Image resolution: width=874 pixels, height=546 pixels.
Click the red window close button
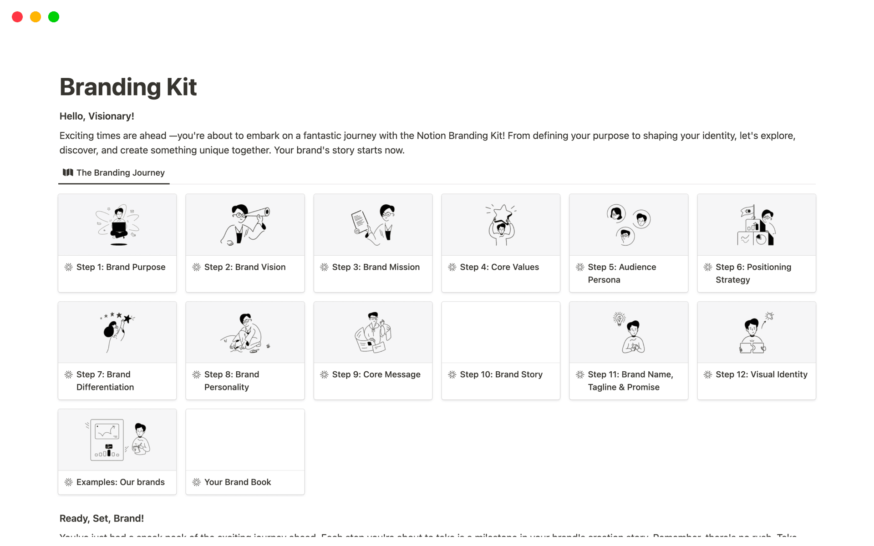(x=17, y=17)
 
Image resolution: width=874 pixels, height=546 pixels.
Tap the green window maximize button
(x=54, y=17)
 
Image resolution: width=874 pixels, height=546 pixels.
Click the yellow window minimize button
(x=36, y=17)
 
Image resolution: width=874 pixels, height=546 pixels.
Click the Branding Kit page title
(x=128, y=87)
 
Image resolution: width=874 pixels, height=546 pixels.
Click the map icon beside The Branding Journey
(x=68, y=172)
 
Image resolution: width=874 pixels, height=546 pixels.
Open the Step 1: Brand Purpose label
(x=121, y=267)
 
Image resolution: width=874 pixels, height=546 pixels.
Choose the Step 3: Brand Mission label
(x=376, y=267)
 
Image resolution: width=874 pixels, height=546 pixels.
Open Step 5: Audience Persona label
(x=622, y=273)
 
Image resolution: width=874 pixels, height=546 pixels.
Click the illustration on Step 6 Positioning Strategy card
(x=756, y=225)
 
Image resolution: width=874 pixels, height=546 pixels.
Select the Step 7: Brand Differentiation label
(x=105, y=380)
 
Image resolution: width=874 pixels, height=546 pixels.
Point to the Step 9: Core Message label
(x=376, y=374)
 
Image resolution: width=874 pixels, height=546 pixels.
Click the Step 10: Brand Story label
(x=501, y=374)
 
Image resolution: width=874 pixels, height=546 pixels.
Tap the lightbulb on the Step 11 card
(x=619, y=318)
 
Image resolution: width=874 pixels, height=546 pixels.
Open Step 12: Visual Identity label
(x=761, y=374)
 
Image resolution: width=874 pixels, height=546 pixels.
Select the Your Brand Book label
(x=237, y=482)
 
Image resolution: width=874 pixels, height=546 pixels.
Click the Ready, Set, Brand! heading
(x=102, y=518)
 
